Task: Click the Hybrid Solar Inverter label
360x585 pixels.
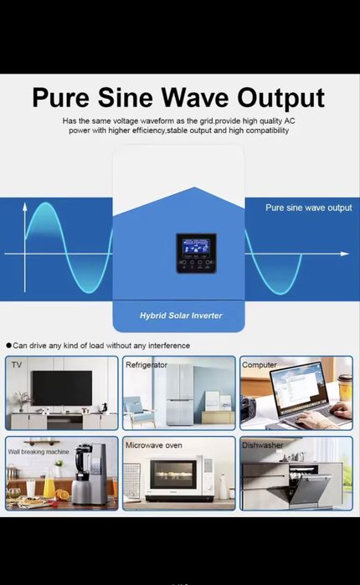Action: click(x=181, y=316)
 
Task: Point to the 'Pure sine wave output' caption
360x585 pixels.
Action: click(x=309, y=208)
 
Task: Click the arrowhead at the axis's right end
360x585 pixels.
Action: click(x=345, y=253)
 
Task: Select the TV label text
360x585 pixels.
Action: click(x=17, y=366)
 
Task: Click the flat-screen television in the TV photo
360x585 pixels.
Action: click(x=61, y=387)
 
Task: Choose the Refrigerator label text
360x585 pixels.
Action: click(x=147, y=365)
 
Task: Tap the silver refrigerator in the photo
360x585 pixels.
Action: click(x=179, y=396)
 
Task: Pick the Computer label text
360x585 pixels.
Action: click(x=260, y=365)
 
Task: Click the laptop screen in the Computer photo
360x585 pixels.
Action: click(x=292, y=385)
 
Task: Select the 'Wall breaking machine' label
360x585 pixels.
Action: click(x=39, y=452)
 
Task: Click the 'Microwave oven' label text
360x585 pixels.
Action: click(x=153, y=445)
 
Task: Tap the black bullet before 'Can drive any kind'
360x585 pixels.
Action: click(x=8, y=346)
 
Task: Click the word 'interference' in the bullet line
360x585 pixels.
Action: click(x=167, y=346)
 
